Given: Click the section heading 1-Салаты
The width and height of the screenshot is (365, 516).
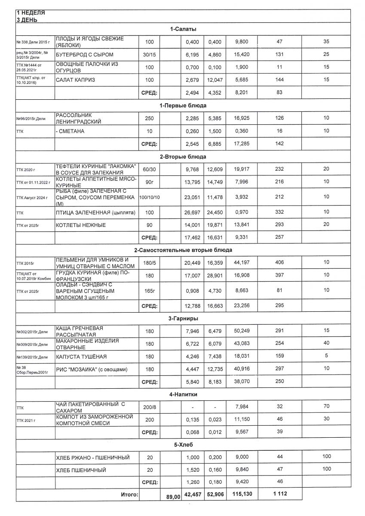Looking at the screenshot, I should click(x=183, y=29).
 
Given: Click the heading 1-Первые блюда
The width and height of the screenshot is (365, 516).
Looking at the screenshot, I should click(x=183, y=105).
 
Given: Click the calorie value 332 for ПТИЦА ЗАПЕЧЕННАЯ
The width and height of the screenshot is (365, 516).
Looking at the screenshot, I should click(x=279, y=212).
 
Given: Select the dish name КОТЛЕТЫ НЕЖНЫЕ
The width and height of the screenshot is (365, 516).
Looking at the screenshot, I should click(x=81, y=225).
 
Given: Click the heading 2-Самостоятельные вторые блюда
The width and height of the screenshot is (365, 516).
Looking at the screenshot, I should click(x=183, y=250).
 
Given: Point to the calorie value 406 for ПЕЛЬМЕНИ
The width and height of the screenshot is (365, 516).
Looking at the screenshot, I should click(x=279, y=263).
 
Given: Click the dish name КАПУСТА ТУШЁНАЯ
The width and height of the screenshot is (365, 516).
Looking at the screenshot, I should click(x=81, y=357).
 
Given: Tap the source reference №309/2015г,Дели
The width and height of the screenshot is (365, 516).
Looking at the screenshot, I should click(x=32, y=344).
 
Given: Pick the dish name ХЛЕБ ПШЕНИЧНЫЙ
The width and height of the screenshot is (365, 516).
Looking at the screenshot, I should click(x=81, y=470).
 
